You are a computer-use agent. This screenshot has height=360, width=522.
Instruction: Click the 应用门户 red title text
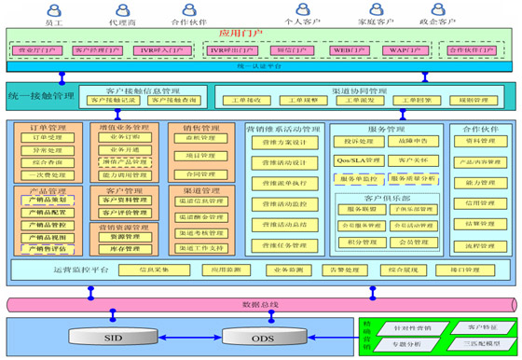[240, 33]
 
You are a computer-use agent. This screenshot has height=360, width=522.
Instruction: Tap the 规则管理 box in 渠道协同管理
[463, 99]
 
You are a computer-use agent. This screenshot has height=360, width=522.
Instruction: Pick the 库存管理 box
[119, 249]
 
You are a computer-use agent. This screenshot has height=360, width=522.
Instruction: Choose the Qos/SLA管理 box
[356, 159]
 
